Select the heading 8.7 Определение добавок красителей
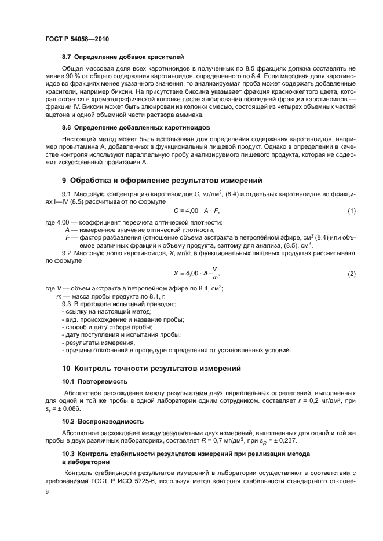[x=123, y=57]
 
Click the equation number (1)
[x=351, y=211]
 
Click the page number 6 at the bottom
[x=47, y=491]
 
